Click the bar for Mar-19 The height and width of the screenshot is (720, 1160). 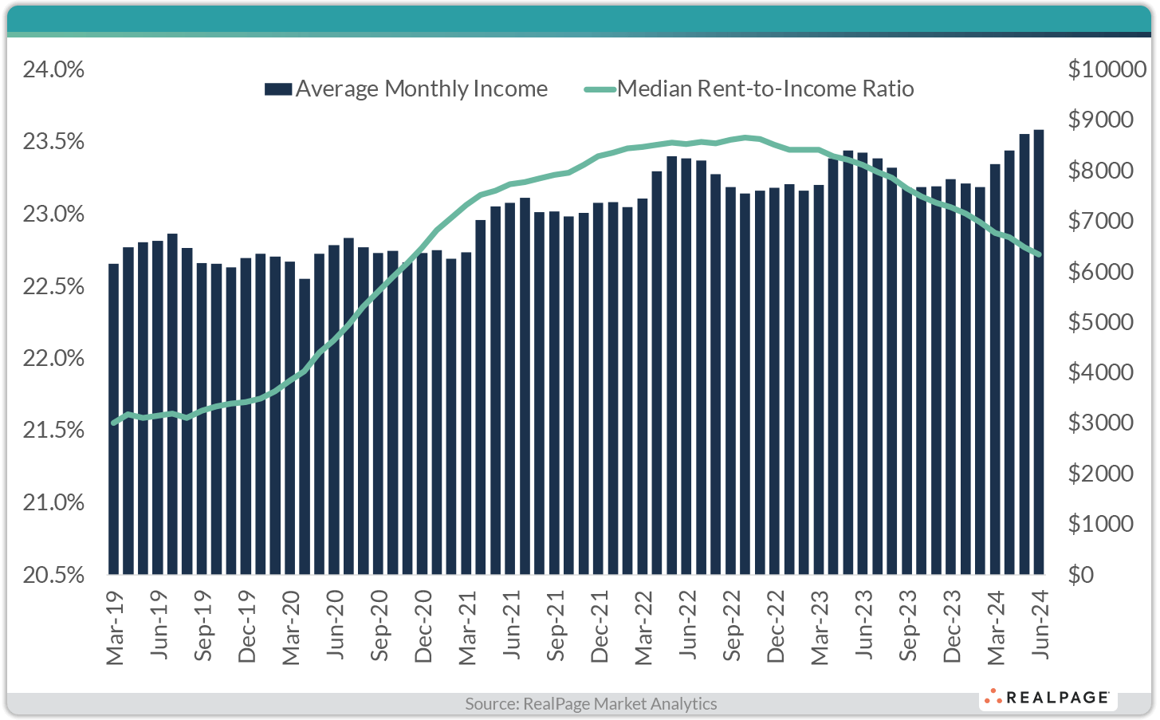(113, 419)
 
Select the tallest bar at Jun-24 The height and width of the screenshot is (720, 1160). (1039, 352)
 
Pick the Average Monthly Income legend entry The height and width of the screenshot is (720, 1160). (407, 89)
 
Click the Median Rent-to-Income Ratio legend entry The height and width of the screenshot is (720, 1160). (749, 89)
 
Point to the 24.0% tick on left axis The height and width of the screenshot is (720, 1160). (54, 70)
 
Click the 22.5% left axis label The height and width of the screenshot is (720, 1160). (54, 286)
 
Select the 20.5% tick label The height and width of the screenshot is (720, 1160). (54, 575)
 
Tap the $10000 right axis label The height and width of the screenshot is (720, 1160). (1107, 70)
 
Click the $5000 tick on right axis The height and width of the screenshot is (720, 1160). (1100, 322)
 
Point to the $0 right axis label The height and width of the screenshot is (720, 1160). (1081, 575)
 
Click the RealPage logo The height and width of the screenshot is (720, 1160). (1048, 698)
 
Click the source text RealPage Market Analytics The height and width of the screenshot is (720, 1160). (591, 704)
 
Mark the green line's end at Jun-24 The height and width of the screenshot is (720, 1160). (1039, 254)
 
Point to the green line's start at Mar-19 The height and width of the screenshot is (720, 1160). (113, 423)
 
